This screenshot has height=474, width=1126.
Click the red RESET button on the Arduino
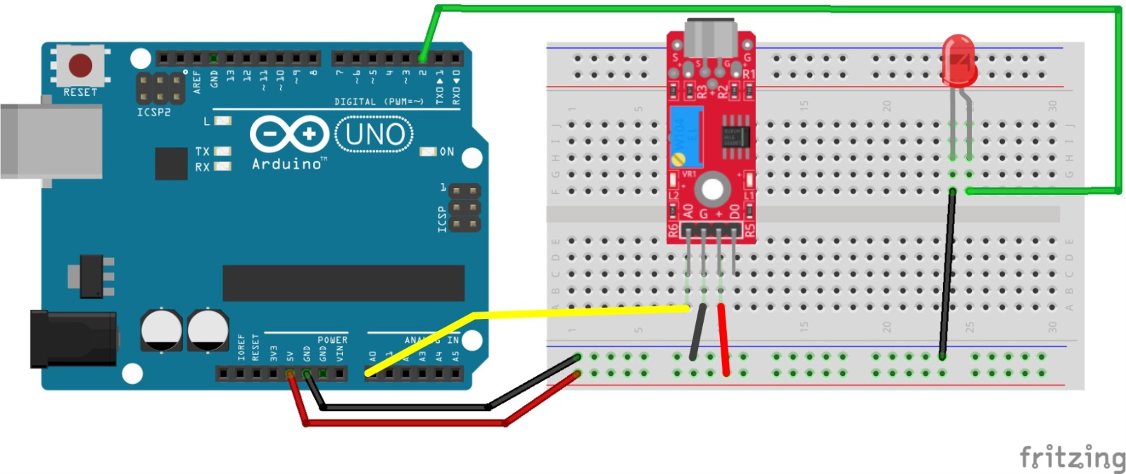pos(80,66)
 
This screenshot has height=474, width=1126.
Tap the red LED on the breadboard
pos(959,60)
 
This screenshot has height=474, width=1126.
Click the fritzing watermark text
pos(1072,458)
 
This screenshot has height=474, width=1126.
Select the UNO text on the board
pos(374,134)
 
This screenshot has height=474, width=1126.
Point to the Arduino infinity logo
pos(289,134)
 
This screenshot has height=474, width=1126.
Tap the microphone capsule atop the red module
pos(711,39)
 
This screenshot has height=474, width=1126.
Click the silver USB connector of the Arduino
pos(49,141)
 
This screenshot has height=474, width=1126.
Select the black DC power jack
pos(72,339)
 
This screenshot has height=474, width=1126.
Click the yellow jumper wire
pos(563,312)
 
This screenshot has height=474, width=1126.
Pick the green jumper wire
pos(774,8)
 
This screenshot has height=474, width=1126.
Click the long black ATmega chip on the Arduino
pos(343,283)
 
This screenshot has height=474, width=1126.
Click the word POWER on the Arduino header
pos(332,340)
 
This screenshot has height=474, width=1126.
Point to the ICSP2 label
pos(153,113)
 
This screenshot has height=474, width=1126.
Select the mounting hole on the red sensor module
pos(711,189)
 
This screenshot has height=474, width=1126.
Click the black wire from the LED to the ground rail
pos(947,275)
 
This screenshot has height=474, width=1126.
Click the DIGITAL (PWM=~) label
pos(379,102)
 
